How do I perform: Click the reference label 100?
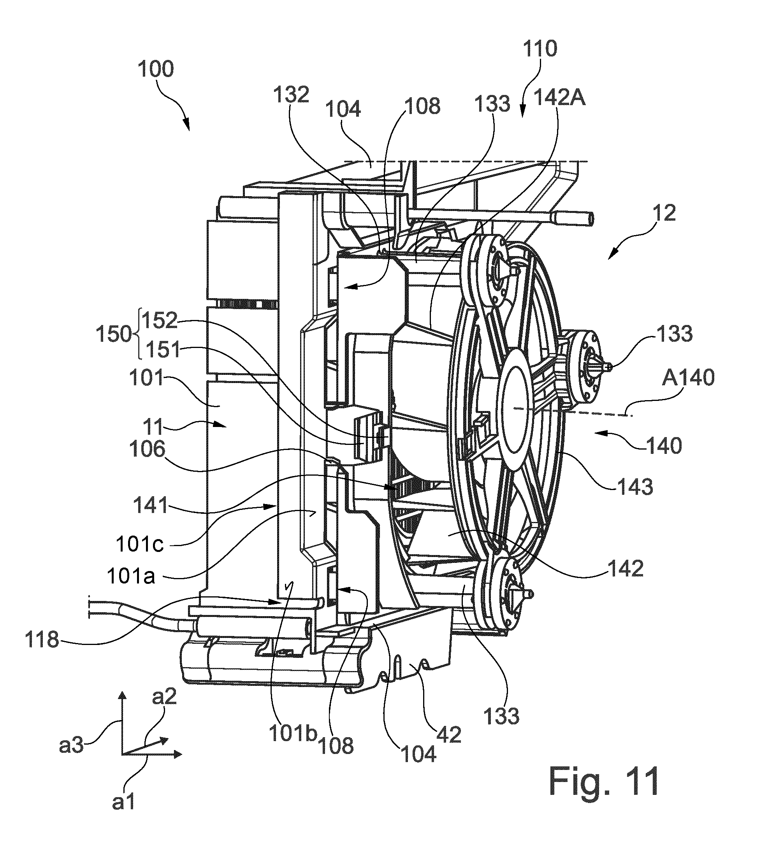(156, 69)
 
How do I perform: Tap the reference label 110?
(540, 49)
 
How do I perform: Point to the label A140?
(688, 377)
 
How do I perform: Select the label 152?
(159, 321)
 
